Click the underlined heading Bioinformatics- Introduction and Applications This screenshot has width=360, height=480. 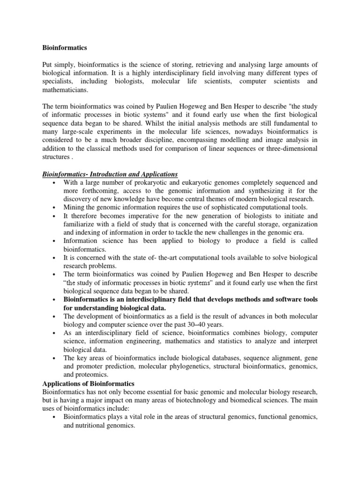(x=110, y=174)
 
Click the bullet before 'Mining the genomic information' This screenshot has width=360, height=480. (x=55, y=207)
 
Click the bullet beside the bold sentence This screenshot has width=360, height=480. (x=55, y=299)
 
